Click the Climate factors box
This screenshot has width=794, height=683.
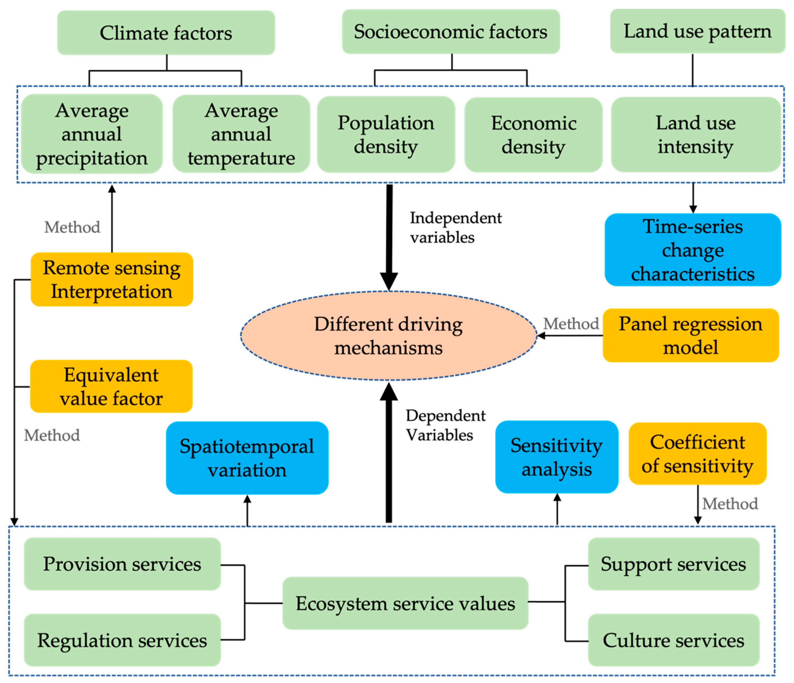click(166, 33)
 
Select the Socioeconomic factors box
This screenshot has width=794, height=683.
click(451, 32)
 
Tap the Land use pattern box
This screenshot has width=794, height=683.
click(697, 31)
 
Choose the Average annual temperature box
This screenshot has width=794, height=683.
click(241, 134)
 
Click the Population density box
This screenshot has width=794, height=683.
click(386, 134)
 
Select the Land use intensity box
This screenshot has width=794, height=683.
click(696, 134)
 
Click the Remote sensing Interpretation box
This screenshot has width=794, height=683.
click(111, 279)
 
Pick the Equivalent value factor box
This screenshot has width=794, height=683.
click(111, 386)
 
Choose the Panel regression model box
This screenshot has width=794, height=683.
click(691, 336)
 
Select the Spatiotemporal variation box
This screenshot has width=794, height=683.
click(247, 458)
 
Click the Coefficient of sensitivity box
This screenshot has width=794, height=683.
click(697, 454)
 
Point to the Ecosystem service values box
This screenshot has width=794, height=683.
click(405, 604)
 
